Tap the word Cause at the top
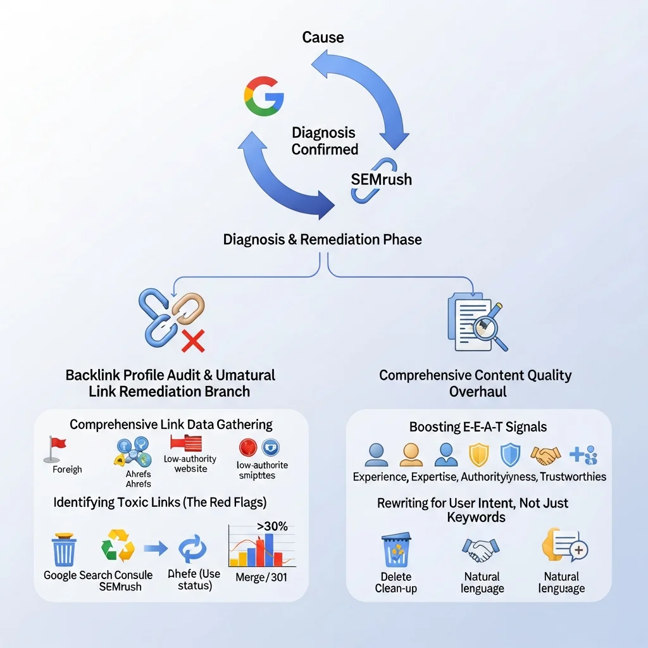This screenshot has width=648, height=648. (x=323, y=37)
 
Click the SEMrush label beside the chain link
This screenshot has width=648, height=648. (x=381, y=179)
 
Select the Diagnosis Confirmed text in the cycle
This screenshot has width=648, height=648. (x=324, y=141)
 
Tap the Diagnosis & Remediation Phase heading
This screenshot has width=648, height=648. (x=323, y=240)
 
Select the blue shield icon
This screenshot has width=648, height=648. (x=509, y=454)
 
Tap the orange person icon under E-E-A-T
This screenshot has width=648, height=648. (x=411, y=454)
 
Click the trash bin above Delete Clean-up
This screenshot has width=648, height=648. (x=396, y=550)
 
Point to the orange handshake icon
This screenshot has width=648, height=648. (x=545, y=454)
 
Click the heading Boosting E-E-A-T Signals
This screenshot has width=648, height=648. (x=478, y=427)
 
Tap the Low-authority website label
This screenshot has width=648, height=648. (x=190, y=464)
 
